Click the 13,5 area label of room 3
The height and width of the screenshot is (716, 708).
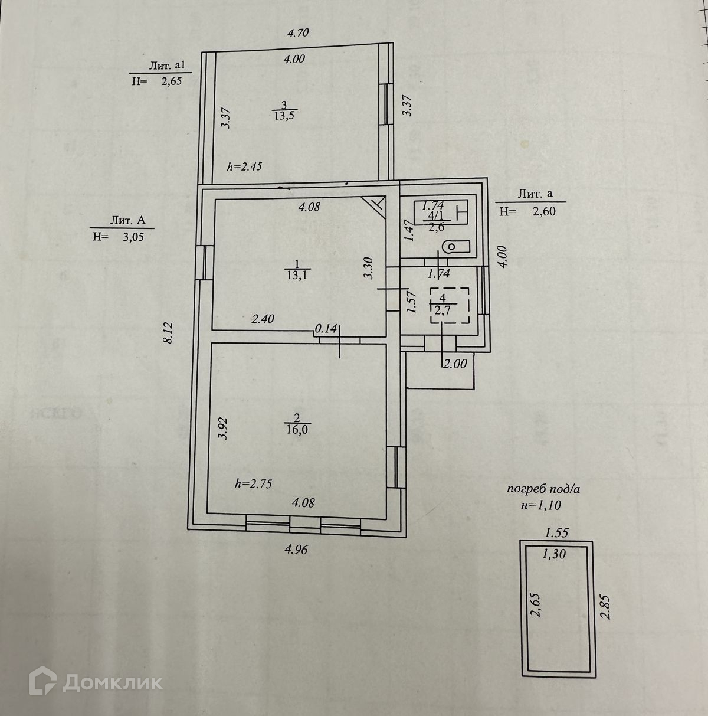(x=284, y=116)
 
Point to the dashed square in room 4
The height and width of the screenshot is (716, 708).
(x=449, y=305)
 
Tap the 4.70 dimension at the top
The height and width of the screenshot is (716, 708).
(x=298, y=33)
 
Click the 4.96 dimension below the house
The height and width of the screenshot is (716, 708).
(x=296, y=550)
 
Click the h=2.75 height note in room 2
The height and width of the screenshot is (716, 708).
(x=253, y=483)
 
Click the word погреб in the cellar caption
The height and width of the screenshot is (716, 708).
(x=526, y=489)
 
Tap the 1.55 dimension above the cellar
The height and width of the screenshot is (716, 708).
(x=556, y=532)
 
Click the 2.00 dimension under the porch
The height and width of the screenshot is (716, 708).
(x=455, y=364)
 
